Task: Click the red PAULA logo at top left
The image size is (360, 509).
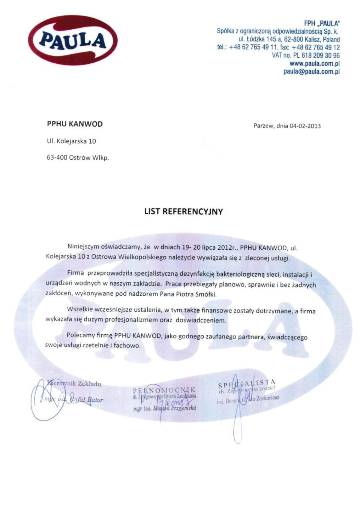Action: (73, 40)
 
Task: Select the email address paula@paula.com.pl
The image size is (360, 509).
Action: (311, 71)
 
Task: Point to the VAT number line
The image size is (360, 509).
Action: (306, 55)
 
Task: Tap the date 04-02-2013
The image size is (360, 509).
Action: (305, 126)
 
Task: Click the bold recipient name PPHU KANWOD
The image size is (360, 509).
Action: (75, 124)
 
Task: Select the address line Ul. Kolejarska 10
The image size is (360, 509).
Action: (71, 141)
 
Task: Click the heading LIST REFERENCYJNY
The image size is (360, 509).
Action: (183, 211)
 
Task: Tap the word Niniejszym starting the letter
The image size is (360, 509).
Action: (83, 247)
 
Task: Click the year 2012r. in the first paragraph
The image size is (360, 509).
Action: (227, 247)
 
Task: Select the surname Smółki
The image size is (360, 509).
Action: (205, 294)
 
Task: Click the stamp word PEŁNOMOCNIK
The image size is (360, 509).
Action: (164, 390)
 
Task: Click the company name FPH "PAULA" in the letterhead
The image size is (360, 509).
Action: (322, 23)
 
